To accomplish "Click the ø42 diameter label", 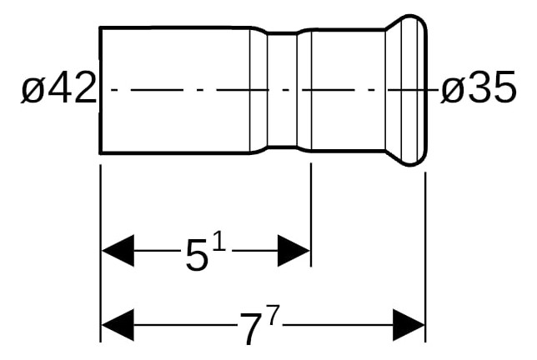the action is point(59,87).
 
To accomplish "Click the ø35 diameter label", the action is point(478,87).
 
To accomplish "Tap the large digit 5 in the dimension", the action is point(197,254).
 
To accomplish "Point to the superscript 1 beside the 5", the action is point(219,242).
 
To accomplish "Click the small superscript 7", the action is point(273,315).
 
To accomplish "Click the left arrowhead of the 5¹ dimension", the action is point(118,251).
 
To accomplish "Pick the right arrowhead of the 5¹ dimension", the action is point(294,251).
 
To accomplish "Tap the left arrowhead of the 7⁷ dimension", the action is point(118,325).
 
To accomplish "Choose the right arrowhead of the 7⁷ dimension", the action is point(409,325).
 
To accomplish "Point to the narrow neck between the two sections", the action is point(282,90).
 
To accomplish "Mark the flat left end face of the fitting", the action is point(100,90).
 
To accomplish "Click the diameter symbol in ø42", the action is point(33,90).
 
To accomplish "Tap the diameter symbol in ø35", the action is point(454,90).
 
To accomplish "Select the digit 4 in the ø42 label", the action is point(59,87).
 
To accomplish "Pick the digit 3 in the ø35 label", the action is point(479,87).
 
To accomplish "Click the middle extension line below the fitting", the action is point(311,214).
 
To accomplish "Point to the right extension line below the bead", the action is point(425,257).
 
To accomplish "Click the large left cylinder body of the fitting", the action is point(174,90).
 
